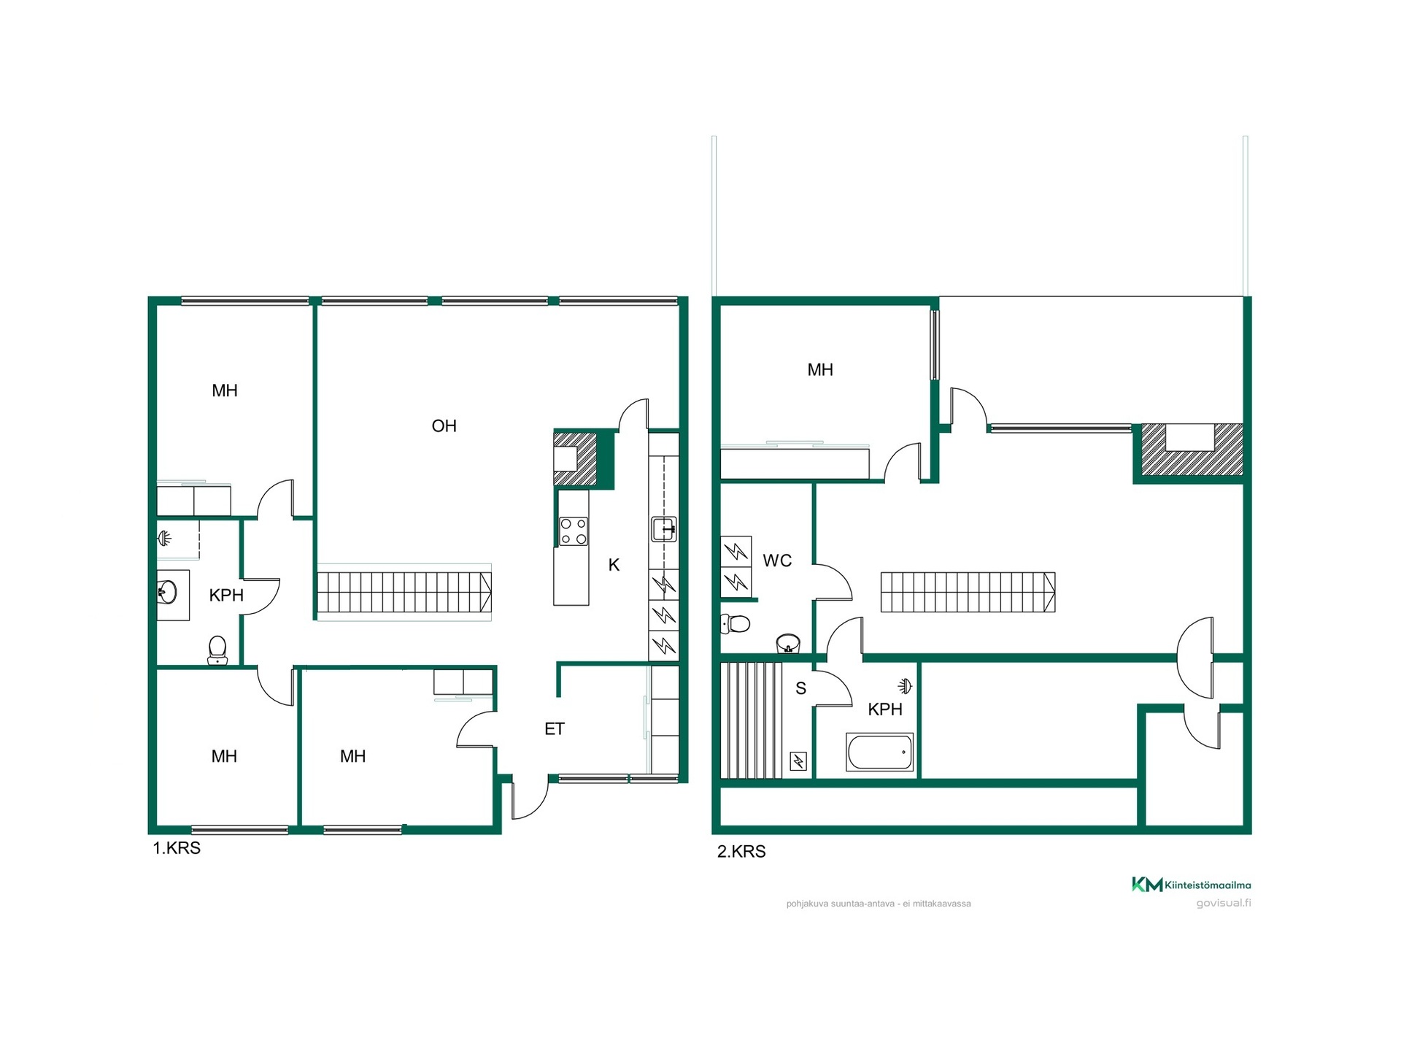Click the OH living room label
(444, 426)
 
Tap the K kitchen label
(614, 564)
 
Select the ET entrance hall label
(555, 728)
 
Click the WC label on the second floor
(777, 561)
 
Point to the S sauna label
(800, 688)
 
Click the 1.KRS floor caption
(177, 848)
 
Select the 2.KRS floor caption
(741, 852)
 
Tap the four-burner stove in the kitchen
(573, 531)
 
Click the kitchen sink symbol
(663, 529)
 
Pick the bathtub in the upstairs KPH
(879, 752)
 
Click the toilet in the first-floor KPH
(217, 650)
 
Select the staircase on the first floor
(404, 592)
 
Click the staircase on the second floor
(968, 592)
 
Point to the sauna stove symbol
(798, 761)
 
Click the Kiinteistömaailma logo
(1191, 885)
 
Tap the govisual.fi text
(1224, 903)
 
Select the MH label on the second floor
(820, 370)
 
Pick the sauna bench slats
(752, 720)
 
